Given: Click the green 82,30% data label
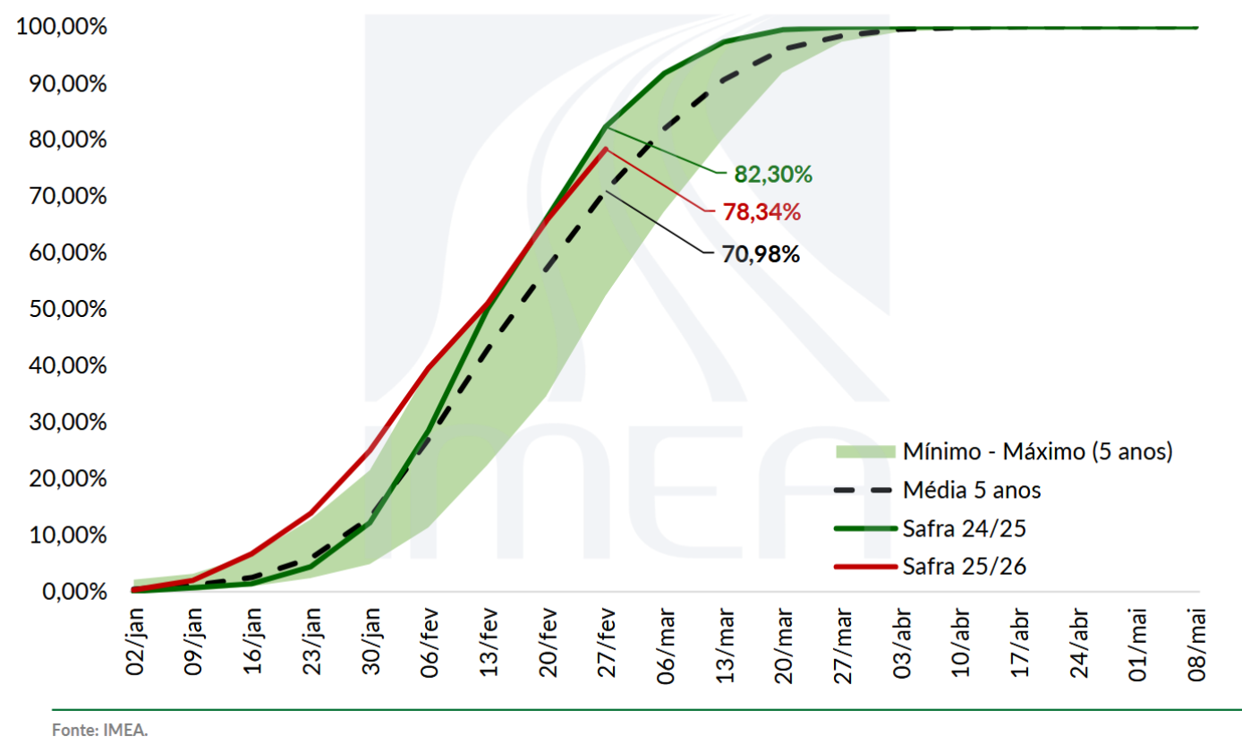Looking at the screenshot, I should (x=773, y=175).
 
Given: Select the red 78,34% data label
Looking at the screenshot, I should (x=761, y=213).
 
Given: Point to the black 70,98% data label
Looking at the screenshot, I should (x=761, y=254).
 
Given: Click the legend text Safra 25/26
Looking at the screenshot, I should (x=964, y=566).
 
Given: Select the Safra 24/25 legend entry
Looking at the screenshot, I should (x=964, y=528).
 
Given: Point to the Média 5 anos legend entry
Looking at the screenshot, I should (x=972, y=490).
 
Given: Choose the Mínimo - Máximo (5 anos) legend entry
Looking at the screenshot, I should (x=1037, y=451).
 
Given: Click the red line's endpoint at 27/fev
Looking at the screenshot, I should (x=607, y=149).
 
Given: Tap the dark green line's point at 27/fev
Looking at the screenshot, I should (x=607, y=126).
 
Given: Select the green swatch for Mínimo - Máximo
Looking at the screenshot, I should (x=864, y=451).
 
